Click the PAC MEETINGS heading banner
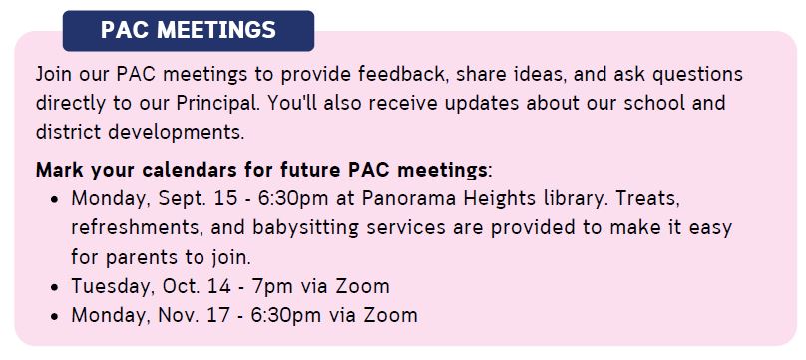click(x=189, y=30)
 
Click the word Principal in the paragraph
click(x=215, y=104)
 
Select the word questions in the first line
click(x=697, y=75)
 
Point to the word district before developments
click(x=69, y=132)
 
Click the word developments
click(x=176, y=133)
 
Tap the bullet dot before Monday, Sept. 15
click(x=56, y=199)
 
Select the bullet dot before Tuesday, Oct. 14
click(x=56, y=287)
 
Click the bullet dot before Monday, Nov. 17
click(x=56, y=316)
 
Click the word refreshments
click(x=138, y=228)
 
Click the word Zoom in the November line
click(x=391, y=316)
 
